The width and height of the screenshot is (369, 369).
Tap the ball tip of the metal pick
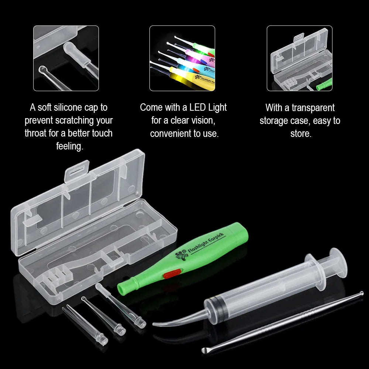(361, 294)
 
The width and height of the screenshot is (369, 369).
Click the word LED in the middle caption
(199, 107)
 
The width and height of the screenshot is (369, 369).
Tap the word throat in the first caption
(35, 133)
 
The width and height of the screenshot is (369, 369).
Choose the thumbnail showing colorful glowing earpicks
(182, 58)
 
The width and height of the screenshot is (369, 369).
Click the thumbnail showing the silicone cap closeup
(66, 58)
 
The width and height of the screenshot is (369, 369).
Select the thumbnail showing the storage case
(299, 58)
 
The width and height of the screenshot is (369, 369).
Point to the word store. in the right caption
(301, 134)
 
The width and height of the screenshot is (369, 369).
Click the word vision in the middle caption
(203, 120)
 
